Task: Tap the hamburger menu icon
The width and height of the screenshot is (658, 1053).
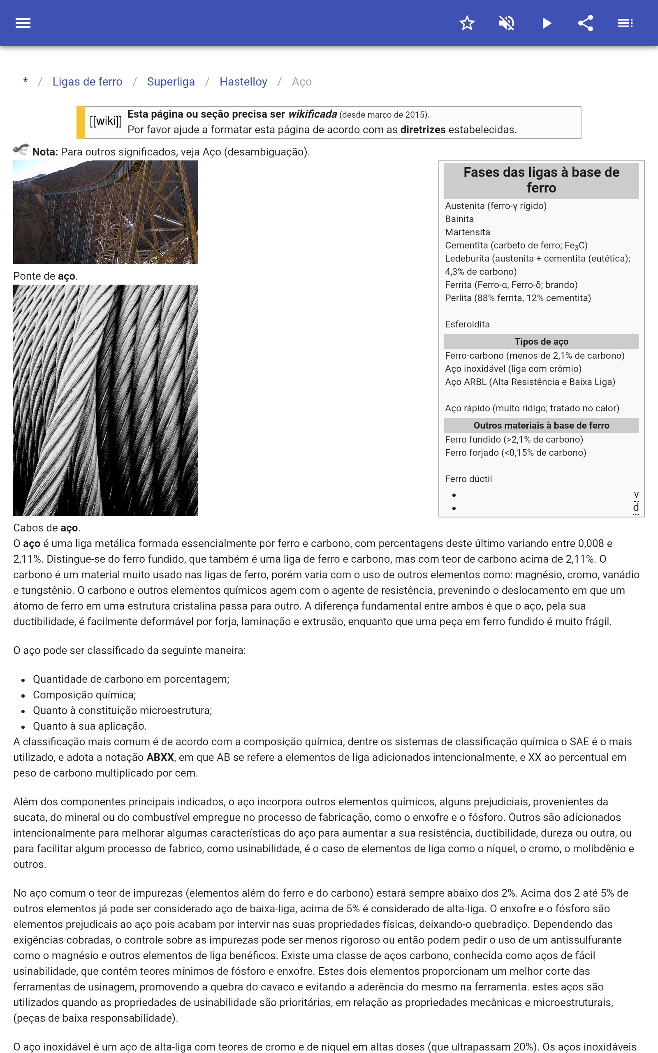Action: [x=23, y=23]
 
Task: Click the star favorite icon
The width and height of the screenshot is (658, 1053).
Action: [x=467, y=23]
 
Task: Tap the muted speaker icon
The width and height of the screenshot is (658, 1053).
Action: [x=507, y=23]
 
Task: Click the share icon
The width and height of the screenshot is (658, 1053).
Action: [x=586, y=23]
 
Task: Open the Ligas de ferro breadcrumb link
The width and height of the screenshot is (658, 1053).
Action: [x=88, y=82]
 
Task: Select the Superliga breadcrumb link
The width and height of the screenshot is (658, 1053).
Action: [x=171, y=82]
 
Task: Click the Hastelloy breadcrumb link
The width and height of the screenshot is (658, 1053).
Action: [x=243, y=82]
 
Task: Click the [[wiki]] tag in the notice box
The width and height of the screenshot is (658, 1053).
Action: [x=106, y=121]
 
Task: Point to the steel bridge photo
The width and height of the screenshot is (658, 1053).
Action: [x=106, y=212]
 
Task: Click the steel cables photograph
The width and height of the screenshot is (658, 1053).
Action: [x=106, y=400]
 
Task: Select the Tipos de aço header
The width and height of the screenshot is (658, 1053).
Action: [x=541, y=341]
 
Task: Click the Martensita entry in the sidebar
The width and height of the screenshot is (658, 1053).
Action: [x=468, y=232]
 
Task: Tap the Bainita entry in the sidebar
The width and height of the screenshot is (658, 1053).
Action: [x=459, y=219]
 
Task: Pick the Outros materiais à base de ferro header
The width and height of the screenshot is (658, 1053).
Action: [x=541, y=426]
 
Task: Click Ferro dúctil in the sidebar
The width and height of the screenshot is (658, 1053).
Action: [x=468, y=479]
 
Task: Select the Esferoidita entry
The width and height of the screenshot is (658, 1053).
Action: [x=467, y=325]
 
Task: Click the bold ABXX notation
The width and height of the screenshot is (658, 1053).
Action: [x=160, y=758]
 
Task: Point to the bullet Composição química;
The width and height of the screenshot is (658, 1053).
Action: [x=84, y=695]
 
